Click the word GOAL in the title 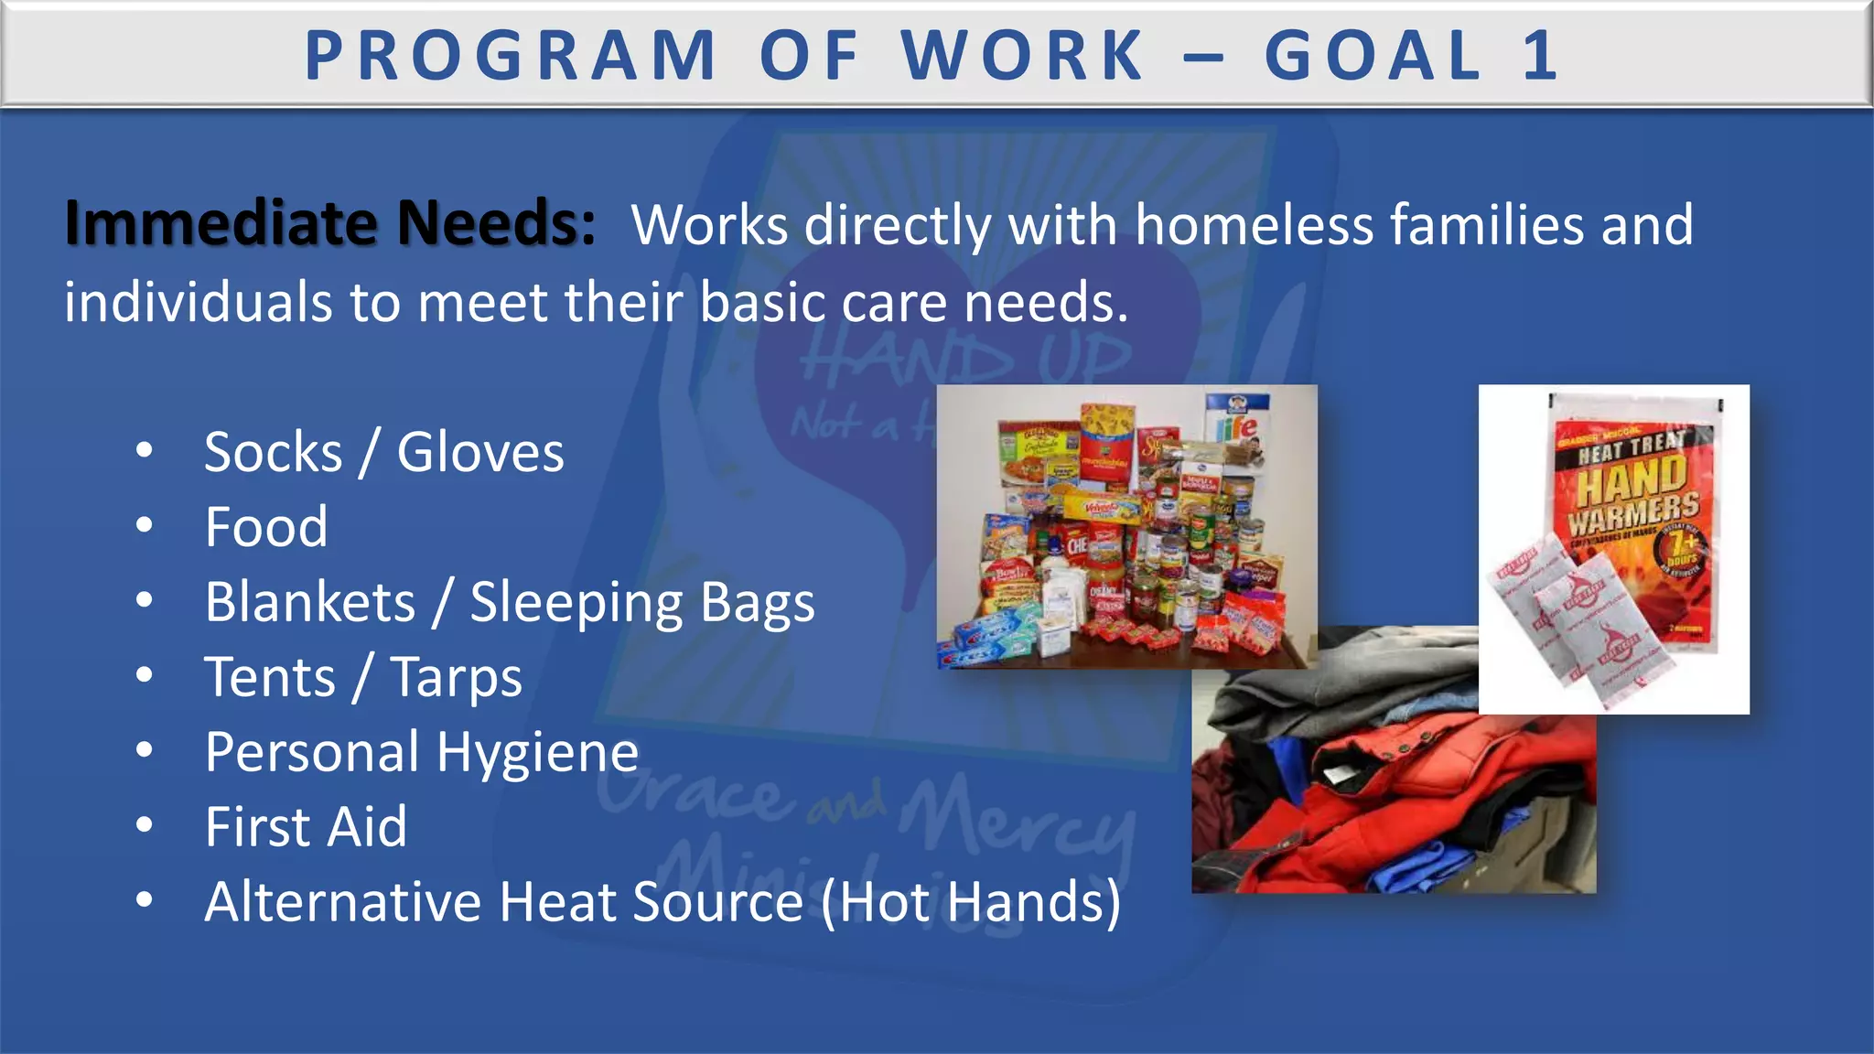tap(1373, 56)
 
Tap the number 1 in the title tap(1540, 56)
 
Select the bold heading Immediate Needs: tap(329, 223)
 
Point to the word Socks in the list tap(273, 452)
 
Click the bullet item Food tap(265, 527)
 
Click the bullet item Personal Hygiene tap(421, 753)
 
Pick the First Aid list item tap(306, 827)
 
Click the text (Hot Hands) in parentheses tap(970, 903)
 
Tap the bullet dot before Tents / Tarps tap(144, 676)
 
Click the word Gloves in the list tap(480, 452)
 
